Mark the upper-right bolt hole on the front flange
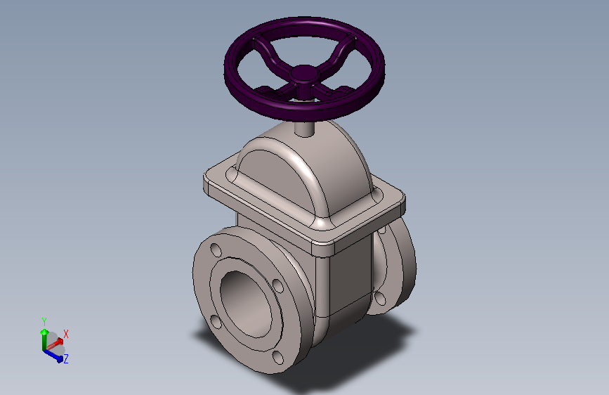click(x=277, y=285)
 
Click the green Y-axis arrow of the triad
click(x=44, y=332)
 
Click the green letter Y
click(x=44, y=320)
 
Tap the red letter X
click(x=66, y=334)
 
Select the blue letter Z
click(x=65, y=359)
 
